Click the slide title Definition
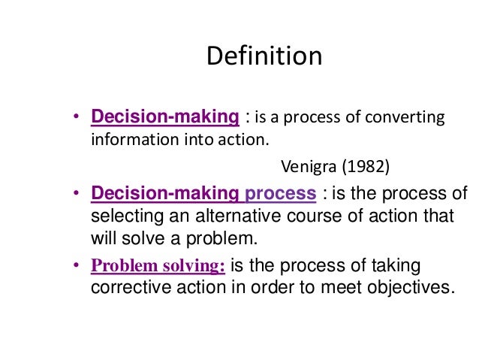264,56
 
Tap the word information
130,140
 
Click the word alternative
228,216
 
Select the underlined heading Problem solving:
158,267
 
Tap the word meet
330,289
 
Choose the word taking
396,267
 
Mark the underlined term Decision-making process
203,193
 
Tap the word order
253,289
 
